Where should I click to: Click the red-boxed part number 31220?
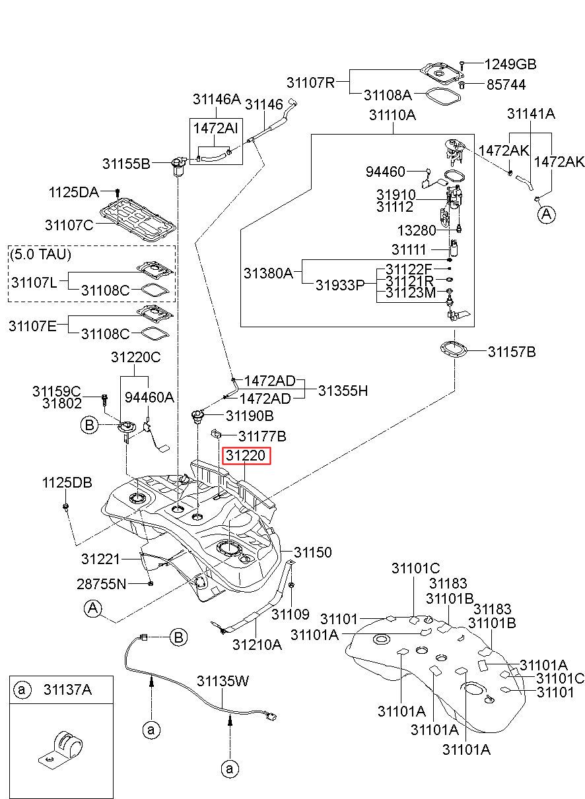pos(246,455)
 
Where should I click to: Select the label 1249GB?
pos(510,64)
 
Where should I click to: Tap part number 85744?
pos(506,85)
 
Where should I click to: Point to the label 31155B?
pos(126,164)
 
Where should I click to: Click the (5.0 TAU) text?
pos(41,254)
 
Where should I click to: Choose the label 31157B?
pos(512,352)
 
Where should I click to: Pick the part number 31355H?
pos(343,391)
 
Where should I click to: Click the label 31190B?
pos(250,416)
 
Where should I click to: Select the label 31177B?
pos(262,436)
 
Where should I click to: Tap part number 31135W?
pos(223,681)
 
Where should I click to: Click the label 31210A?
pos(257,645)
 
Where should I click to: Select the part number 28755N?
pos(102,584)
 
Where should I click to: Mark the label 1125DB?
pos(67,482)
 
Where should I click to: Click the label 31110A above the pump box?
pos(393,115)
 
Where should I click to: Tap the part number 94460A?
pos(149,397)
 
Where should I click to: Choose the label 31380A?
pos(268,273)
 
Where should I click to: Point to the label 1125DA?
pos(74,192)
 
